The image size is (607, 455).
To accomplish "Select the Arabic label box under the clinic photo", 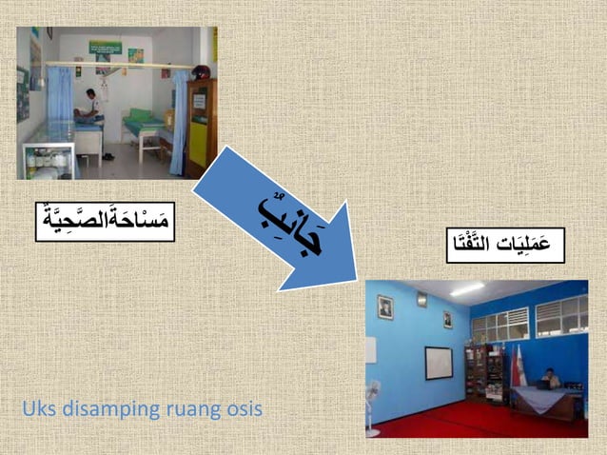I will tap(105, 221).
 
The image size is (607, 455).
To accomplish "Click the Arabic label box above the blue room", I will tap(504, 245).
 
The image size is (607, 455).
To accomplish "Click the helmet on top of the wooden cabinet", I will tap(200, 72).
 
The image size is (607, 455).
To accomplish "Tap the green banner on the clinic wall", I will tap(106, 47).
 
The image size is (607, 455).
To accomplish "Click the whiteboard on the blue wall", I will tap(439, 363).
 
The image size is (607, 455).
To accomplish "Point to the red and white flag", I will tap(518, 366).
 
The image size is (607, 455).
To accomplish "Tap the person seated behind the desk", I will tap(553, 379).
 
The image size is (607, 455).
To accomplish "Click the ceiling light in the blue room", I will tap(467, 289).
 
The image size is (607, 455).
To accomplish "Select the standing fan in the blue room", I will tap(373, 400).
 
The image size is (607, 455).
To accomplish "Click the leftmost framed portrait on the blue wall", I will tap(384, 307).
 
